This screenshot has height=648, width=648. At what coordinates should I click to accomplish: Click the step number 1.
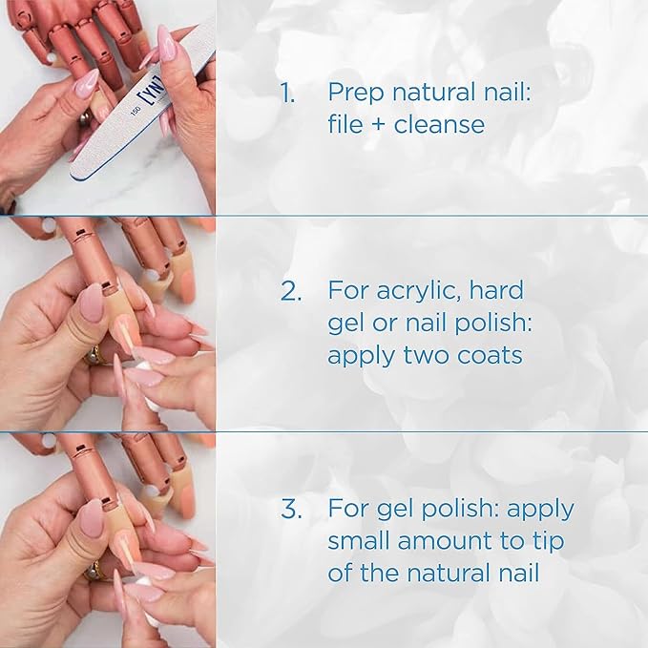[x=286, y=93]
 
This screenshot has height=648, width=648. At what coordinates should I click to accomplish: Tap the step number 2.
[x=290, y=291]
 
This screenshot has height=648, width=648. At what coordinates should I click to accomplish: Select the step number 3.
[x=290, y=509]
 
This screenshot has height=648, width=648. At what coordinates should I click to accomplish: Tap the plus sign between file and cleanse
[x=378, y=125]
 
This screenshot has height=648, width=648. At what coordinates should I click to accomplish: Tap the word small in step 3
[x=357, y=541]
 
